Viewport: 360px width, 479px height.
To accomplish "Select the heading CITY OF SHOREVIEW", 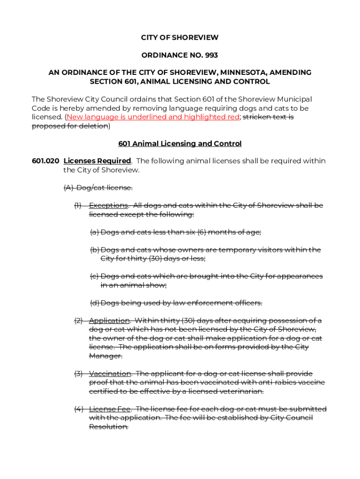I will coord(180,37).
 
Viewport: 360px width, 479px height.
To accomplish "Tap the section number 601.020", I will coord(45,161).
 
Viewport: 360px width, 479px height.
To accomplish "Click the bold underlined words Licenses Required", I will coord(97,161).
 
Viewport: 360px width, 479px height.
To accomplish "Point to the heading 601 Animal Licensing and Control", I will coord(180,144).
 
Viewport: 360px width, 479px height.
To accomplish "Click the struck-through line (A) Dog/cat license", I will coord(98,188).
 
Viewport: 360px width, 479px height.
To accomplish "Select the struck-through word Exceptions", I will coord(108,205).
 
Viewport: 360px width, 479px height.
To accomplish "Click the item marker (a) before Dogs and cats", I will coord(94,232).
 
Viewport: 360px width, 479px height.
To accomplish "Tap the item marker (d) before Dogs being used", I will coord(94,303).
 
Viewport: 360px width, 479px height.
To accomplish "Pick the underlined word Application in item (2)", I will coord(109,320).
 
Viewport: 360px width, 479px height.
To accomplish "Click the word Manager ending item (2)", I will coord(105,356).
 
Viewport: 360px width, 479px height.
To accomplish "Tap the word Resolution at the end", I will coord(108,427).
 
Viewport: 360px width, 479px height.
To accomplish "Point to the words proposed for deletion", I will coord(70,126).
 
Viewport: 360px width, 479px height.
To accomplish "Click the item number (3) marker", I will coord(79,373).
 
